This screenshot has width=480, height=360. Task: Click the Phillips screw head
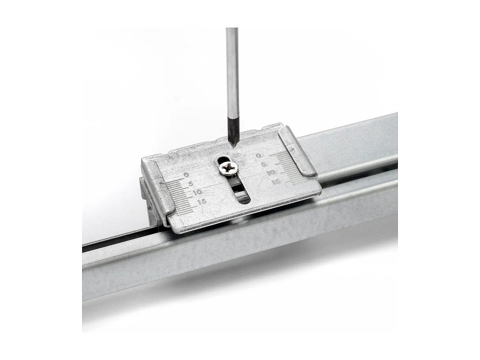point(228,169)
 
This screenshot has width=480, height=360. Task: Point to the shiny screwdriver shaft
point(232,71)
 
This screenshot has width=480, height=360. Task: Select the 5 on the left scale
point(190,183)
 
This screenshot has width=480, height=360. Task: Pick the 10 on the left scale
point(197,192)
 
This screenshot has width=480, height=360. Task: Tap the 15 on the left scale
point(201,201)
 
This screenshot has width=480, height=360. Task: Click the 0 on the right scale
point(259,156)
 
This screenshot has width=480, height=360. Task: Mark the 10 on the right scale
point(270,172)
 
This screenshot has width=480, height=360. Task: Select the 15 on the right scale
point(276,182)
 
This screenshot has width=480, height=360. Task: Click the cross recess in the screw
point(228,169)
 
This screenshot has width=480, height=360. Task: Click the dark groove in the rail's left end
point(118,239)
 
